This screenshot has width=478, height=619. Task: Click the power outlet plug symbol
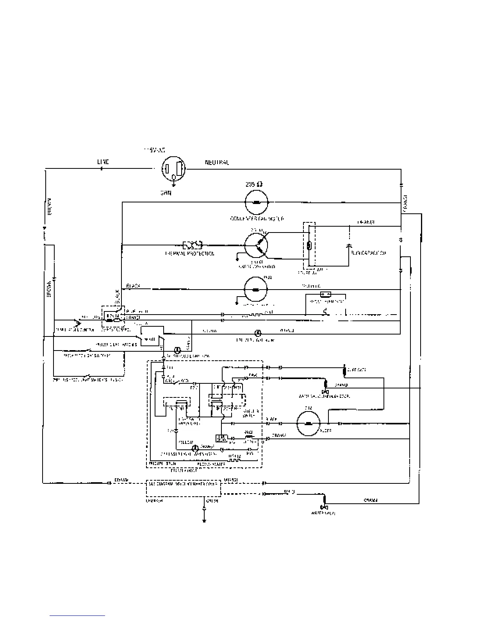point(174,169)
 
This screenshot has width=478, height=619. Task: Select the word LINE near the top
point(103,162)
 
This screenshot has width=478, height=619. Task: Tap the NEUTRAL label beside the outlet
point(217,162)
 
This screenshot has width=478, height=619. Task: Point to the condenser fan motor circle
point(256,202)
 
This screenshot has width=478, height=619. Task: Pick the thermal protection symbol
point(192,245)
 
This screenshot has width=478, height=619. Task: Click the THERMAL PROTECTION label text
point(190,254)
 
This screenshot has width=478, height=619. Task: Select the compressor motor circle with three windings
point(256,245)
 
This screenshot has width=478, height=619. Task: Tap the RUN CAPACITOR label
point(369,253)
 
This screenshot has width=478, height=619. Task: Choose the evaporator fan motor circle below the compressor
point(256,290)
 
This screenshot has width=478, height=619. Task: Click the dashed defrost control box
point(113,317)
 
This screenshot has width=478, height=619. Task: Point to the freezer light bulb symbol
point(258,333)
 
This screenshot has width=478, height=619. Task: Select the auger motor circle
point(309,424)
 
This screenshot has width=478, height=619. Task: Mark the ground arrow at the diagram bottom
point(204,516)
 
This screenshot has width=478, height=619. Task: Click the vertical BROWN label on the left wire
point(50,288)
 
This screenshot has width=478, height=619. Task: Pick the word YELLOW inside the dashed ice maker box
point(185,442)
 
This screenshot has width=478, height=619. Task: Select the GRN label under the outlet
point(166,193)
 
